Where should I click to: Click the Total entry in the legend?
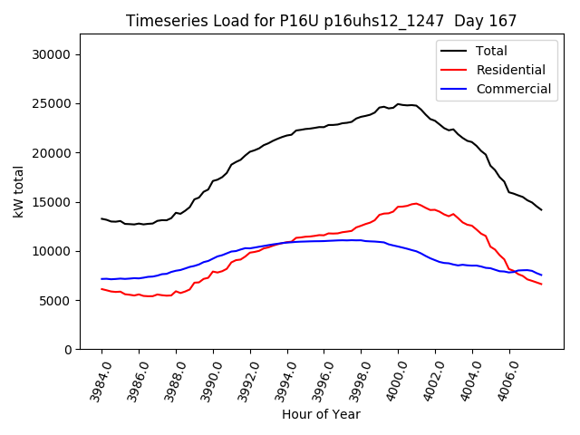click(492, 51)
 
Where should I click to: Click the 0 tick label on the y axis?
click(69, 350)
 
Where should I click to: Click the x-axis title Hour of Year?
click(321, 414)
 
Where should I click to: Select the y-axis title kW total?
click(18, 192)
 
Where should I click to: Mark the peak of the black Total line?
click(398, 104)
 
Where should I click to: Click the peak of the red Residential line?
click(416, 203)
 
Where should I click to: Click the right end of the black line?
click(542, 210)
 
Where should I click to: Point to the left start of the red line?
click(101, 288)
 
